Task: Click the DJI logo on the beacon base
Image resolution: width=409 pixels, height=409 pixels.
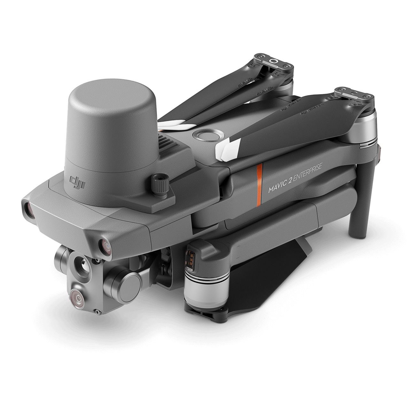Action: point(76,181)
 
